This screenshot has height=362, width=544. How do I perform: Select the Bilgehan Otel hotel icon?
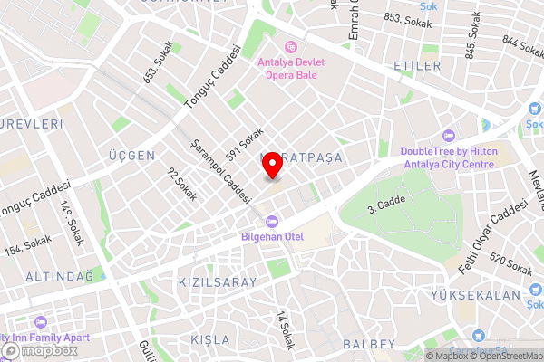tap(270, 222)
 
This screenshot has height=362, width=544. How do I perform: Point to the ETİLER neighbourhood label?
tap(417, 67)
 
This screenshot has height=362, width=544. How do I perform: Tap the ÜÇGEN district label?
tap(131, 156)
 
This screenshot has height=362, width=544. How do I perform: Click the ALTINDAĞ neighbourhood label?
tap(59, 275)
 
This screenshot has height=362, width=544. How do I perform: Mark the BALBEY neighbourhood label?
tap(369, 344)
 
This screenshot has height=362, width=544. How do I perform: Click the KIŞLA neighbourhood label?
tap(211, 339)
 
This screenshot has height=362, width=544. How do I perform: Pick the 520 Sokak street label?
tap(511, 265)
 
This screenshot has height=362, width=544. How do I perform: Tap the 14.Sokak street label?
tap(285, 331)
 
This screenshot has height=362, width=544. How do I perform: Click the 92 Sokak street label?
tap(181, 184)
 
